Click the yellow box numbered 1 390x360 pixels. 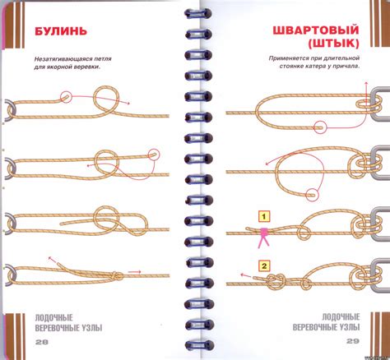coord(263,216)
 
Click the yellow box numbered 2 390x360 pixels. coord(264,265)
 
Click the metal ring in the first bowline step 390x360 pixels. coord(7,110)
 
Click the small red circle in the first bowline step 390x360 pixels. coord(67,96)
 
